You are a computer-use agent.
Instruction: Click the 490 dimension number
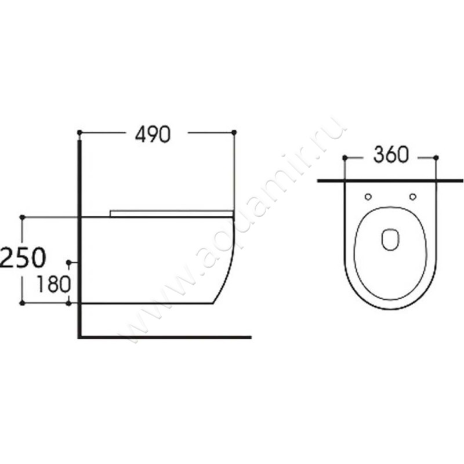(153, 135)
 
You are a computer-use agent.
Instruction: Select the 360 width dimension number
(391, 155)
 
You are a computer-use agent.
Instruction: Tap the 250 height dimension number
(23, 257)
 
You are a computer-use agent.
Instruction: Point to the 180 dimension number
(53, 284)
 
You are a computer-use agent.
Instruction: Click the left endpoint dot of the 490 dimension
(79, 132)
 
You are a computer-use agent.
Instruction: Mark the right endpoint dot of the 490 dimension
(234, 132)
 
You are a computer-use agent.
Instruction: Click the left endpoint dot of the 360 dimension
(345, 158)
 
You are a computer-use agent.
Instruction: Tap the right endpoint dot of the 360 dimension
(436, 158)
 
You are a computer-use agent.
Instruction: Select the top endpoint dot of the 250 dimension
(22, 217)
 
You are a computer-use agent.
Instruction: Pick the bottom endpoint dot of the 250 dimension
(22, 303)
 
